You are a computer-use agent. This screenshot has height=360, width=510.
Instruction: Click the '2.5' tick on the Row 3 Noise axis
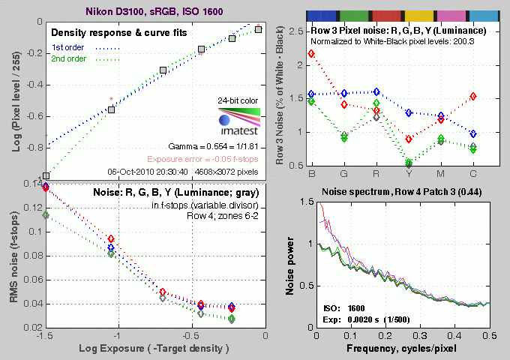[x=298, y=31]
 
